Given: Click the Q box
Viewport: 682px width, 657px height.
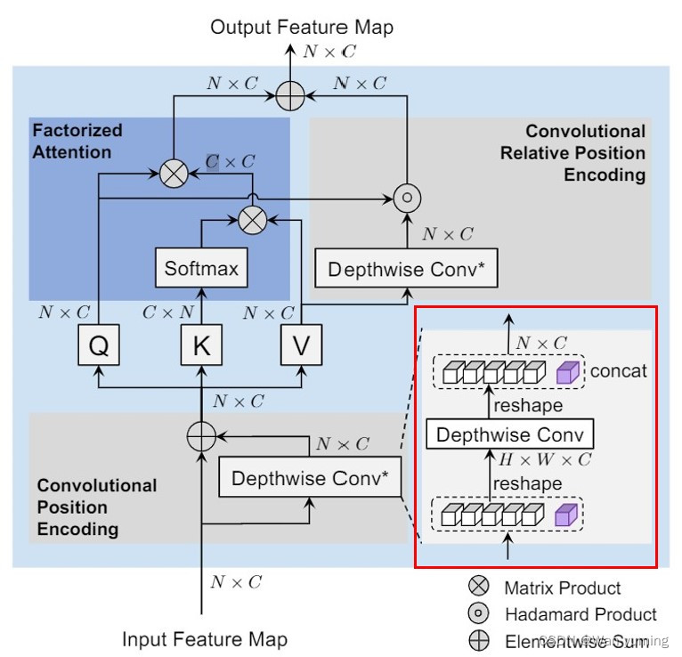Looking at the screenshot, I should (100, 346).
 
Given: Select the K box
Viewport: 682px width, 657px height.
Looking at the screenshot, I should (201, 346).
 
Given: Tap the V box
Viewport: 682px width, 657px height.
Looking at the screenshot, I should (303, 346).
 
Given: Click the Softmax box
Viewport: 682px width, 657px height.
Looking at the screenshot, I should (201, 268).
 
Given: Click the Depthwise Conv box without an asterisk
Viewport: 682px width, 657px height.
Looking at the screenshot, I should (510, 435).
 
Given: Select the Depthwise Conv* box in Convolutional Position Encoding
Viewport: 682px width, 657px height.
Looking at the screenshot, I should (310, 478).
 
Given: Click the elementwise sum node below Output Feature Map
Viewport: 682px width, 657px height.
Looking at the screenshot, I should (288, 92).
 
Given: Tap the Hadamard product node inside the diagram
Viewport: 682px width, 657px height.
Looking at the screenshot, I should (406, 198).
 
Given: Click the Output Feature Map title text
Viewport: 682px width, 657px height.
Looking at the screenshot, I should (302, 27).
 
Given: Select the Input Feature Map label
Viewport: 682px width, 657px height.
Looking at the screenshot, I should (204, 639).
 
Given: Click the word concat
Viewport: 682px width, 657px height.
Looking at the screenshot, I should (618, 371).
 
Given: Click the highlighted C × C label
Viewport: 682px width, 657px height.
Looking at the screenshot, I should (230, 162).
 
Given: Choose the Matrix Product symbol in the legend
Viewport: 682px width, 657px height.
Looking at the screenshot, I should (478, 587).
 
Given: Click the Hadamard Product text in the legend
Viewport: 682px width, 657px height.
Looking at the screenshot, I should (581, 614).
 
